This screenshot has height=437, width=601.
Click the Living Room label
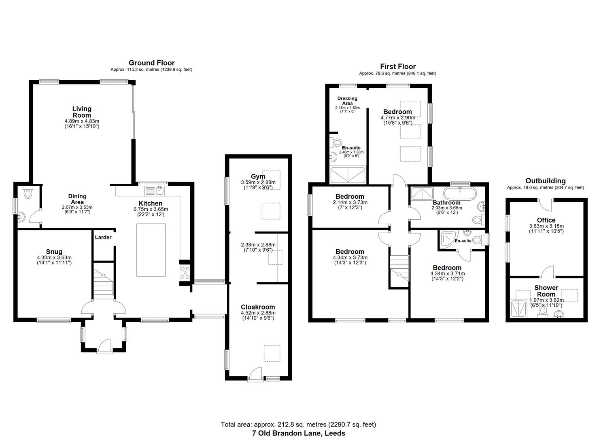pos(82,112)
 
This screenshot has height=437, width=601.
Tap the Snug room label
pos(54,252)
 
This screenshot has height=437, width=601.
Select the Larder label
pos(103,238)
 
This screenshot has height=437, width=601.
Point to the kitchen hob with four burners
pos(185,273)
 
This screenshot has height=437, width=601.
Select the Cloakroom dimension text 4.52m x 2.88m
pos(258,313)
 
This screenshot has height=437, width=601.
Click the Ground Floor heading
pos(151,63)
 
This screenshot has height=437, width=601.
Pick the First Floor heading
pos(397,66)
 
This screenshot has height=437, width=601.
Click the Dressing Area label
pos(347,101)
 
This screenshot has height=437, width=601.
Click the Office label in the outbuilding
pos(546,220)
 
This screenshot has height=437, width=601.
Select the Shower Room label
pos(546,291)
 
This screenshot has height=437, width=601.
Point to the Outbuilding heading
pos(545,181)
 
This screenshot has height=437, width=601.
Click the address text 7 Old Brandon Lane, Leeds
pos(298,433)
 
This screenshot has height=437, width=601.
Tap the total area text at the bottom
pos(298,424)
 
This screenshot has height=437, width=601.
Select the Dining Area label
pos(77,199)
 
